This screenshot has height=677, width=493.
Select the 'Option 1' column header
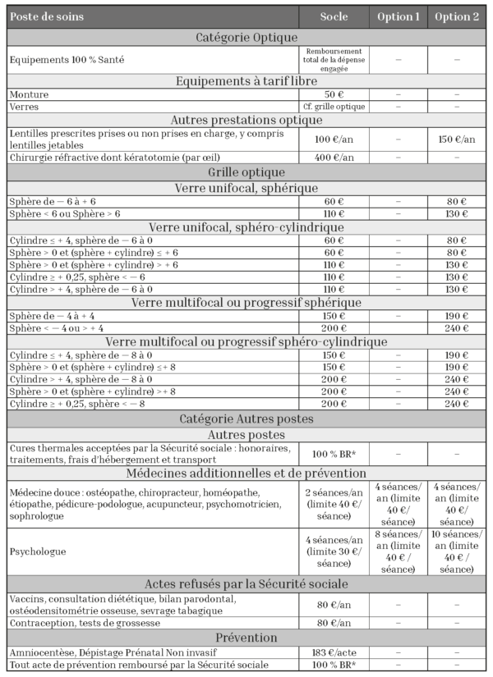pyautogui.click(x=398, y=17)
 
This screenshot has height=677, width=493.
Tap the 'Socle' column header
pyautogui.click(x=335, y=17)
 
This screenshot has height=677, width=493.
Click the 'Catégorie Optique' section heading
pyautogui.click(x=246, y=37)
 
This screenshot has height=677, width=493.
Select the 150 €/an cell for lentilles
pyautogui.click(x=458, y=139)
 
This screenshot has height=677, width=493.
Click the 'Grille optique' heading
pyautogui.click(x=246, y=172)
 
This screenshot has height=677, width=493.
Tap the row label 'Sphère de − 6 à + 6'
pyautogui.click(x=53, y=201)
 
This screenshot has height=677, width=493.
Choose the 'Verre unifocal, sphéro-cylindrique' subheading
pyautogui.click(x=246, y=226)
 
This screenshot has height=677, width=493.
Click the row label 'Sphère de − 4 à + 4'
pyautogui.click(x=53, y=314)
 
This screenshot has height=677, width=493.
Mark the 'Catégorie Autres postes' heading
pyautogui.click(x=246, y=419)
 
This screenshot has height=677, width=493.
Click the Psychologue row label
pyautogui.click(x=38, y=551)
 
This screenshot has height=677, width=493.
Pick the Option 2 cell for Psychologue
pyautogui.click(x=458, y=551)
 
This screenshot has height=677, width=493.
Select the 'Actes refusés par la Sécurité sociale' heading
pyautogui.click(x=246, y=584)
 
